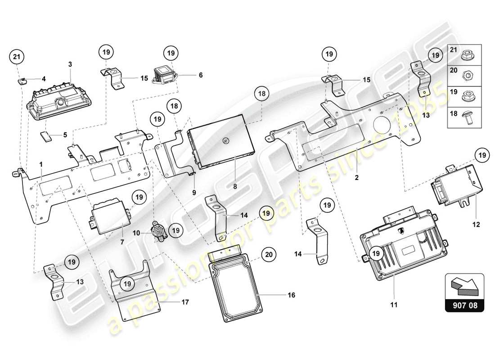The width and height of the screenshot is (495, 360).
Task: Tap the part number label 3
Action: click(x=70, y=64)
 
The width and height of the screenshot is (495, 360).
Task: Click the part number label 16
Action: click(x=291, y=296)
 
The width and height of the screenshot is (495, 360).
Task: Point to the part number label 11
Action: click(x=394, y=305)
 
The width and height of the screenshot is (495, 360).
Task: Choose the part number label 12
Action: click(x=476, y=224)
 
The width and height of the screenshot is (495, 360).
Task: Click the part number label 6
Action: click(x=201, y=75)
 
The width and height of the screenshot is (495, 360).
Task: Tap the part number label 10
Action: click(x=136, y=233)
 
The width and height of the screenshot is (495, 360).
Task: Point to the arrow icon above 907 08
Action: click(x=464, y=285)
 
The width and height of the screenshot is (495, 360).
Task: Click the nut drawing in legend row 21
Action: click(x=469, y=55)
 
